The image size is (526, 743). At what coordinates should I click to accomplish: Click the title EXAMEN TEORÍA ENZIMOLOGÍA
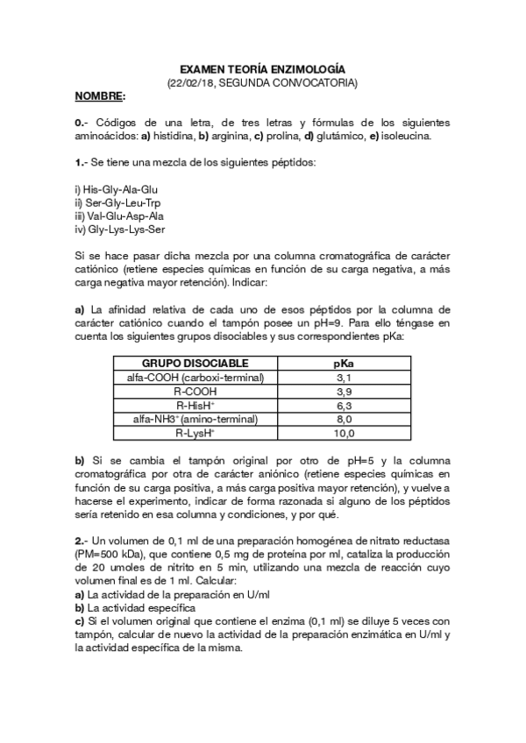pyautogui.click(x=262, y=67)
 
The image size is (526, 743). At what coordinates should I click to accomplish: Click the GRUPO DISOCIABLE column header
pyautogui.click(x=195, y=363)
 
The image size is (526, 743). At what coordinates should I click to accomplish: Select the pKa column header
pyautogui.click(x=344, y=363)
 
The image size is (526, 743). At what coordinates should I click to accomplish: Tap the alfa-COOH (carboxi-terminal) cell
pyautogui.click(x=195, y=377)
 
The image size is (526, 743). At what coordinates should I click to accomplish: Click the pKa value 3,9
pyautogui.click(x=344, y=391)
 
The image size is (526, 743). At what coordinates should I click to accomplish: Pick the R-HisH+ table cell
pyautogui.click(x=195, y=405)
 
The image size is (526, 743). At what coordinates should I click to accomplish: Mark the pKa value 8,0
pyautogui.click(x=344, y=419)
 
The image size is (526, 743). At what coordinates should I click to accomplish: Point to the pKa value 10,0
pyautogui.click(x=344, y=433)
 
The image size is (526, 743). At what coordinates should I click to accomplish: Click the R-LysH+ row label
pyautogui.click(x=195, y=433)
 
